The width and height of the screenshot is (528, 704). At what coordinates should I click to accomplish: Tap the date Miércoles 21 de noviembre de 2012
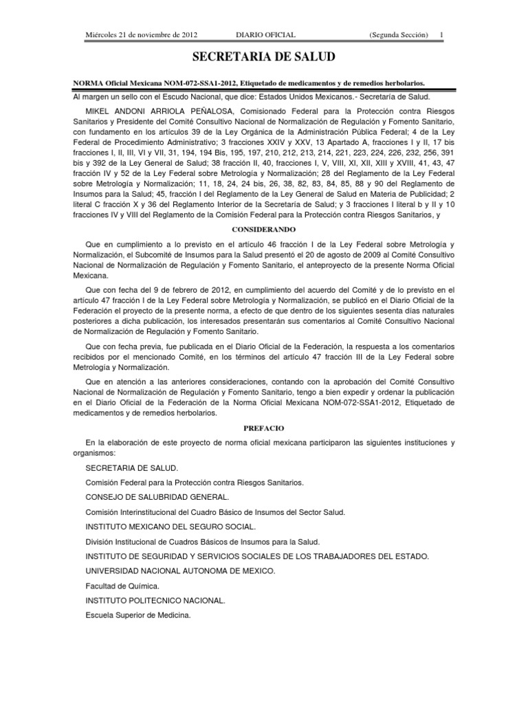(133, 34)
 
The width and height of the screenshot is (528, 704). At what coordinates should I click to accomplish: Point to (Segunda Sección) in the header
(399, 34)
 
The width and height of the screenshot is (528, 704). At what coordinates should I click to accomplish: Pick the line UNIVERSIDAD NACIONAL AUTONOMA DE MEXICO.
(180, 571)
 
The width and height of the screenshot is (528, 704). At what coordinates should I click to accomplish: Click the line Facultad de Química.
(122, 586)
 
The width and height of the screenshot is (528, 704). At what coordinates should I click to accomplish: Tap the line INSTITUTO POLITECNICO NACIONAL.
(155, 601)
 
